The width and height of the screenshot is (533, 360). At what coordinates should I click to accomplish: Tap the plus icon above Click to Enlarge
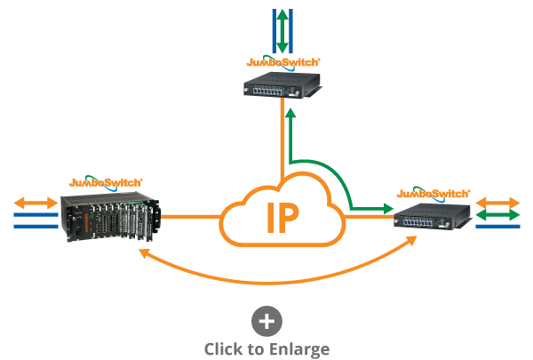tap(266, 321)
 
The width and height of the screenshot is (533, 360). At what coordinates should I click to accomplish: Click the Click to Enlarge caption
tap(266, 348)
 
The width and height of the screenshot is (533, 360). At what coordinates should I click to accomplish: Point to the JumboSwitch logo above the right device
tap(433, 192)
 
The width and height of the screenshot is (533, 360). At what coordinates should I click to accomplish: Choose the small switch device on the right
tap(432, 216)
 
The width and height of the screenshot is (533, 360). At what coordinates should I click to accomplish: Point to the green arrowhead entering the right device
tap(388, 210)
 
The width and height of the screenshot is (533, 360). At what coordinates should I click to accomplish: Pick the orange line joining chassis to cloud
tap(190, 216)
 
